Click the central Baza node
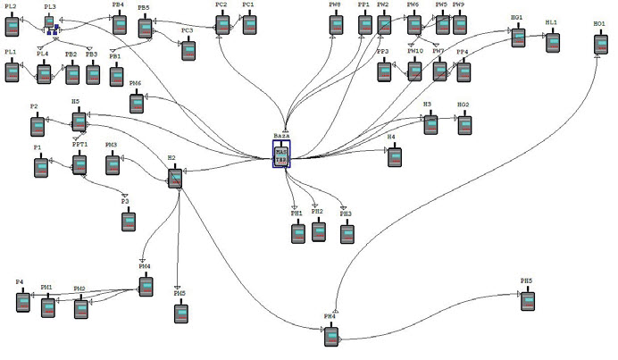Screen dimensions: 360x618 [x=281, y=155]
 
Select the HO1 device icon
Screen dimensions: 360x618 [x=600, y=42]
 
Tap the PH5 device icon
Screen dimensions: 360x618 [x=530, y=300]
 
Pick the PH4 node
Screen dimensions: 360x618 [x=332, y=336]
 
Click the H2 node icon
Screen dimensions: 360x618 [x=175, y=177]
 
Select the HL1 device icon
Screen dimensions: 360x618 [x=553, y=41]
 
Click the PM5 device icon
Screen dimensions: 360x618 [x=181, y=313]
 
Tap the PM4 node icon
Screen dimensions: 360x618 [x=146, y=285]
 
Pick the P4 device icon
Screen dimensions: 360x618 [x=23, y=301]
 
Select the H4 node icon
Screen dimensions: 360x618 [x=395, y=156]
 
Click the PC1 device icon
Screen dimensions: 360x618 [x=249, y=24]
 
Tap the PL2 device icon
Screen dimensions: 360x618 [x=13, y=25]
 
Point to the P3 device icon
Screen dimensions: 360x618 [x=128, y=219]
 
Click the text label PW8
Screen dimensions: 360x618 [x=334, y=5]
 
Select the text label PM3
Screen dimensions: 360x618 [x=112, y=145]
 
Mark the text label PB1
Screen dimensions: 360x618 [x=114, y=55]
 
